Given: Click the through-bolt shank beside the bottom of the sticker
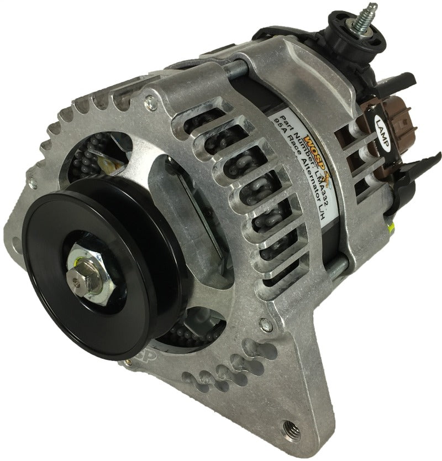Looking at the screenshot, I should (x=338, y=271).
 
